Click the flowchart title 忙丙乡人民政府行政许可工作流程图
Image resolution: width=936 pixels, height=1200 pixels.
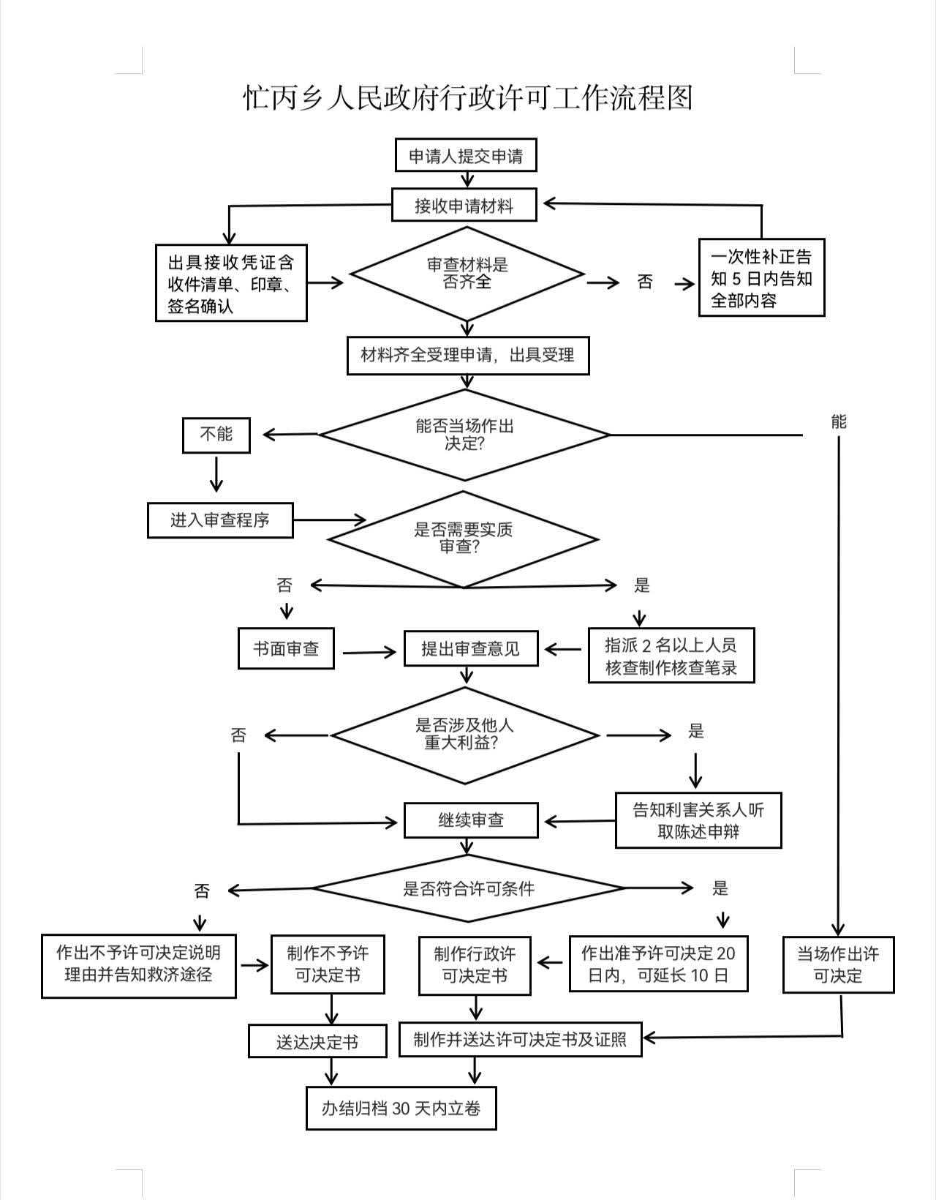pos(467,97)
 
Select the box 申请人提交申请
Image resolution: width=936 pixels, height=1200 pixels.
pos(466,156)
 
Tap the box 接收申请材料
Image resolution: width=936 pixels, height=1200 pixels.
pos(464,205)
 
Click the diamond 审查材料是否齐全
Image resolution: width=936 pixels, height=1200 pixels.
pos(467,274)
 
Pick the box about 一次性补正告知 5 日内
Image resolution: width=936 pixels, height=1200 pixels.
pos(761,277)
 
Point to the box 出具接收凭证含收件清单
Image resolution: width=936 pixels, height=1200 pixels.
pos(231,283)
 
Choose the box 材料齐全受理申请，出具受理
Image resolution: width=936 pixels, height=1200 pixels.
pos(468,356)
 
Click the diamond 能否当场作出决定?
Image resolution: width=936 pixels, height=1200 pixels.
pos(464,435)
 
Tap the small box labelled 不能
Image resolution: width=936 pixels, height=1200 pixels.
pos(216,435)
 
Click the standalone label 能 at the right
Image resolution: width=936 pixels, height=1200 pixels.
pos(839,421)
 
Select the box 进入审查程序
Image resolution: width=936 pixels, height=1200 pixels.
pos(220,520)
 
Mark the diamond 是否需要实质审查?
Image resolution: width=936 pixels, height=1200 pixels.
pos(463,539)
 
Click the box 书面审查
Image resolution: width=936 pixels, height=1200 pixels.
pos(286,648)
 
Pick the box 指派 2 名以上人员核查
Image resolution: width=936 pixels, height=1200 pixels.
pos(671,656)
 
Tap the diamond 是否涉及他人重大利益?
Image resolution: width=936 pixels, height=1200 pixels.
pos(465,735)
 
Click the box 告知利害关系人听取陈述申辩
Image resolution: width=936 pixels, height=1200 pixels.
pos(698,820)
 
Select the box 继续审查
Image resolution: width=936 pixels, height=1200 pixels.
pos(471,820)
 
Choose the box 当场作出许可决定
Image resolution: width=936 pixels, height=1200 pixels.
pos(838,964)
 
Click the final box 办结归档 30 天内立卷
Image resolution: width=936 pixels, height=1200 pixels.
pos(401,1109)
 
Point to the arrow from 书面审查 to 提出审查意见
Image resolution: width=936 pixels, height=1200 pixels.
pos(369,651)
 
